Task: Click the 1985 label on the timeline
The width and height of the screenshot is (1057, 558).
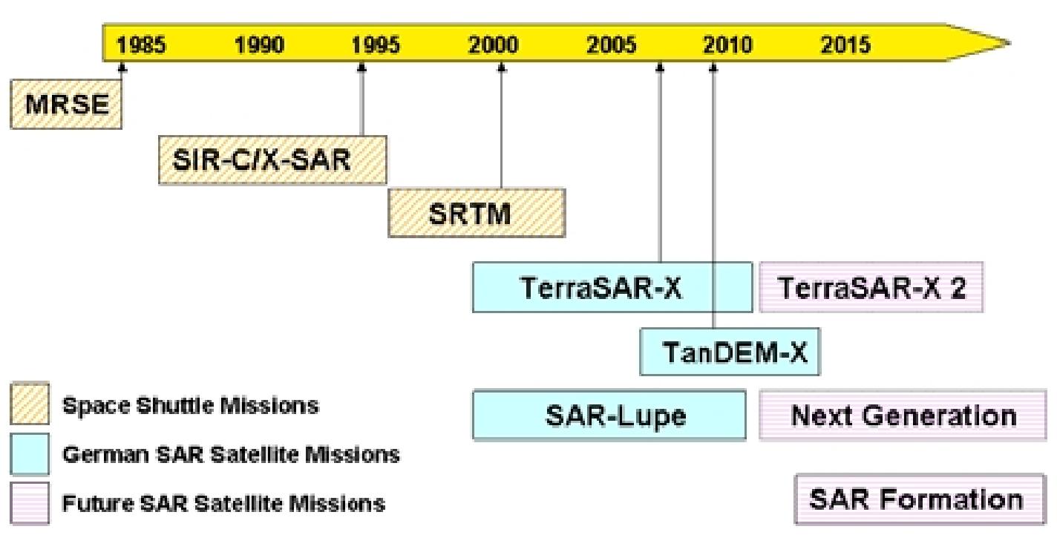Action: pos(142,45)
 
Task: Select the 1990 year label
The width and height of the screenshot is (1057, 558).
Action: pos(259,45)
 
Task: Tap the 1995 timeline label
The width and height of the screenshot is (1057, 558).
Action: pos(376,45)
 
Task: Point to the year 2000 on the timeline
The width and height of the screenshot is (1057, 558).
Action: pos(494,45)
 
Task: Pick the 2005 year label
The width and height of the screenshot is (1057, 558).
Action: pos(611,45)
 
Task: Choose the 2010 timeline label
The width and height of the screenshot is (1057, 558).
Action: pos(728,45)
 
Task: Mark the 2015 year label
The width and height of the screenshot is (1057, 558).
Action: pos(845,45)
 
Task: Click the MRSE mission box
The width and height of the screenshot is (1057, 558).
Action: pos(66,104)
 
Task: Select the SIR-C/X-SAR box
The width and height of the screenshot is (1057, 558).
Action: pos(272,160)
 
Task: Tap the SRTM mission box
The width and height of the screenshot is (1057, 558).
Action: pos(476,213)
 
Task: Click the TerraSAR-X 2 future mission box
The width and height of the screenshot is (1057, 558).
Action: pos(871,287)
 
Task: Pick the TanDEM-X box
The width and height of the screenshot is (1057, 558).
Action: pos(730,352)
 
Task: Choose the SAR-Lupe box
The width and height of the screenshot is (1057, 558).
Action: pos(609,416)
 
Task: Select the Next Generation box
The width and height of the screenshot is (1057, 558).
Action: pos(903,416)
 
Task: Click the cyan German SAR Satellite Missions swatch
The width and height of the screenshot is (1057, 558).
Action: pos(30,453)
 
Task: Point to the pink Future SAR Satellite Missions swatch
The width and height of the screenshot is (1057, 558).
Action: pos(30,503)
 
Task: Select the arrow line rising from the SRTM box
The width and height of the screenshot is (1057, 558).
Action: pos(501,126)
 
